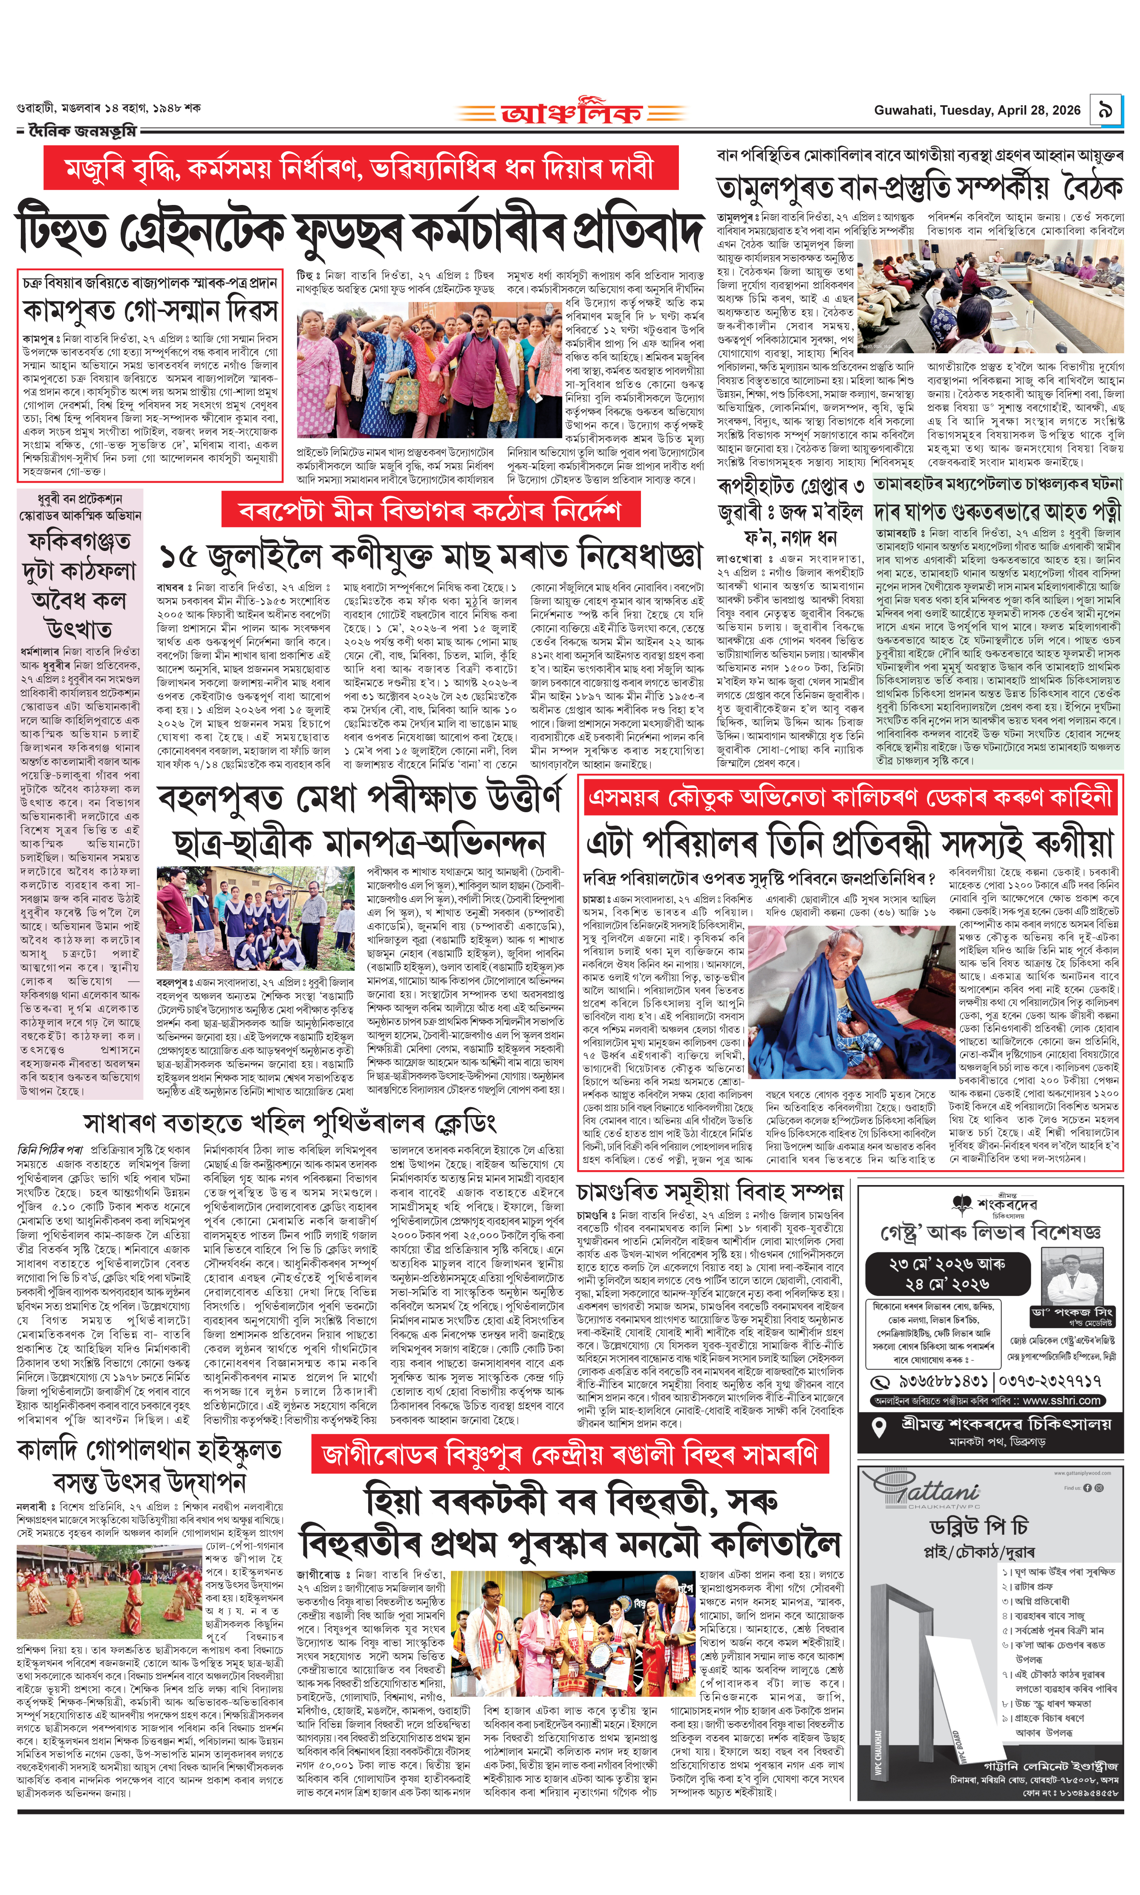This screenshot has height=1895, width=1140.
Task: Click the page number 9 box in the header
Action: pos(1106,111)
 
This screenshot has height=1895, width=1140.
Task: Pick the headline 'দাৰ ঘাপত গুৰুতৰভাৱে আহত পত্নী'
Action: pos(997,512)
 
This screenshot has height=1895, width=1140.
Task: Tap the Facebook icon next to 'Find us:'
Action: pos(1087,1488)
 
